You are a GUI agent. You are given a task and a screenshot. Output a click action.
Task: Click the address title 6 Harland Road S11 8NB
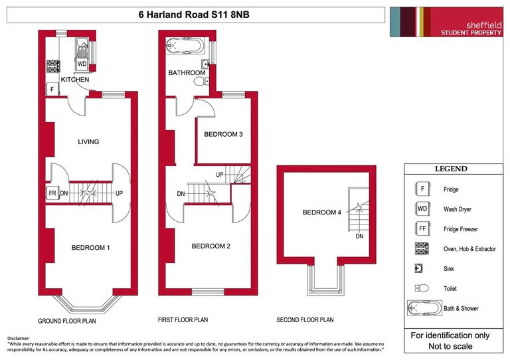click(x=195, y=15)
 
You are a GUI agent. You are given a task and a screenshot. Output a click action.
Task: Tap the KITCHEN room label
click(x=74, y=80)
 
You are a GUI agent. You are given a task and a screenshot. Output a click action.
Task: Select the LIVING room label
click(x=88, y=141)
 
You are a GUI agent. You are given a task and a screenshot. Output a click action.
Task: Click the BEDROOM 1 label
click(x=90, y=248)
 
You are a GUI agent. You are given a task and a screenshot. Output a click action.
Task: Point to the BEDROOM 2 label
click(x=211, y=246)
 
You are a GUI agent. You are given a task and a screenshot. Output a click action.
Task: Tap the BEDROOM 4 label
click(x=321, y=213)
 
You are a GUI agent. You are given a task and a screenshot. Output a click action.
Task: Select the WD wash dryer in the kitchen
click(x=82, y=64)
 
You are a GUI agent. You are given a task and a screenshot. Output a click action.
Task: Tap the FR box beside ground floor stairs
click(x=52, y=193)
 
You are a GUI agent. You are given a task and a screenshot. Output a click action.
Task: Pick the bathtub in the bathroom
click(x=187, y=46)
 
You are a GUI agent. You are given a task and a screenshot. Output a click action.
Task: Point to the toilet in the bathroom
click(x=200, y=82)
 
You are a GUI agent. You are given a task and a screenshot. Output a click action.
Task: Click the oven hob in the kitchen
click(x=52, y=66)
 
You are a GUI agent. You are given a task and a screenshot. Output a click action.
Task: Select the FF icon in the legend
click(x=421, y=229)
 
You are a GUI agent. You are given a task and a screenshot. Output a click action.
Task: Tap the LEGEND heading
click(x=451, y=169)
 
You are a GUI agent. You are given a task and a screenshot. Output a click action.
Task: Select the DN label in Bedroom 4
click(x=359, y=236)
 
